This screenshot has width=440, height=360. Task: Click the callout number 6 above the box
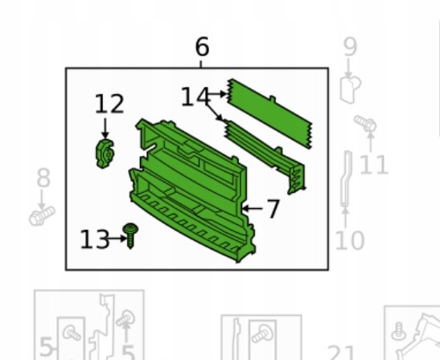point(202,47)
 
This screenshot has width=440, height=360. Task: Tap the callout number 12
point(109,104)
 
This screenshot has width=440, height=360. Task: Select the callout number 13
point(95,239)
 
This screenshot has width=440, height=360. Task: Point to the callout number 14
point(195,96)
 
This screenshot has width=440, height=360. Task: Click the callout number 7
point(273,209)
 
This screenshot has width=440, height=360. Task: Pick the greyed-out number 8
point(43,178)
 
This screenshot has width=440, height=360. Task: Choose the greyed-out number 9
point(351,47)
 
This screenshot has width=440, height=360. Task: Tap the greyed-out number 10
point(350,240)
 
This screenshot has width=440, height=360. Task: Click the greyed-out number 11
point(374,165)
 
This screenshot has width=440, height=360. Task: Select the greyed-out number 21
point(342,353)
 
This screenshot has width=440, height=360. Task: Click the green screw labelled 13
point(130,235)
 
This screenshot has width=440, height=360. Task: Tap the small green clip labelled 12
point(105,153)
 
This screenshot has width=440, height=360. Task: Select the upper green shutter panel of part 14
point(269,113)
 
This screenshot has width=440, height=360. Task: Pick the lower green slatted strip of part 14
point(265,156)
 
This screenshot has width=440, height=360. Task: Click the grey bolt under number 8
point(42,215)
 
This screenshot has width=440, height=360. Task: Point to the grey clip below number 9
point(350,89)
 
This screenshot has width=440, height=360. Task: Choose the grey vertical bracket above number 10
point(346,179)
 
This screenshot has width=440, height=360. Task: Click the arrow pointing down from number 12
point(105,129)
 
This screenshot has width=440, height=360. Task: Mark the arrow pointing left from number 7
point(252,209)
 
